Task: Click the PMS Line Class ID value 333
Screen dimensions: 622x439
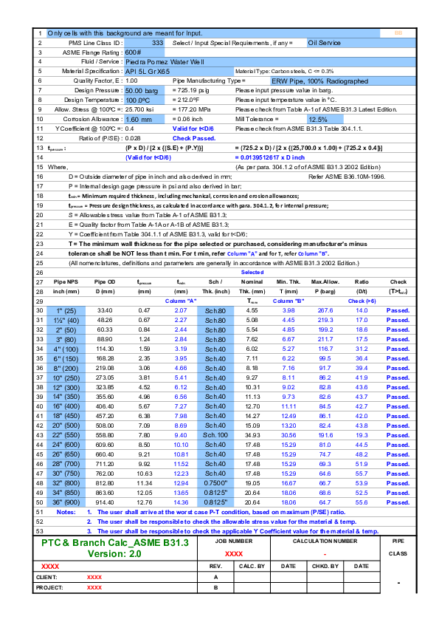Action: (x=157, y=44)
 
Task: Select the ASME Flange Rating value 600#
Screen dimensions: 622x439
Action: (x=134, y=52)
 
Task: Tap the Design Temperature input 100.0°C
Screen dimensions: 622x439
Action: (x=138, y=100)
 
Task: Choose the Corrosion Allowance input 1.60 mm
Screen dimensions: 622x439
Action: (x=139, y=119)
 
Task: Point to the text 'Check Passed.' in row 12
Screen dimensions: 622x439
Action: (x=193, y=138)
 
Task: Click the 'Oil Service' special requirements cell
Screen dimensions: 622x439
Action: (x=325, y=44)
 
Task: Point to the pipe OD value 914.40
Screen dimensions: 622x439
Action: (x=105, y=502)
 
